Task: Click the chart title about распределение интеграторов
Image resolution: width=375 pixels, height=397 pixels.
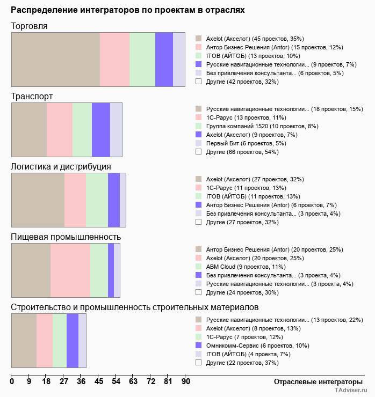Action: [128, 10]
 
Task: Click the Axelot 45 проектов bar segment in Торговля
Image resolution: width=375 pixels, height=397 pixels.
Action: [55, 59]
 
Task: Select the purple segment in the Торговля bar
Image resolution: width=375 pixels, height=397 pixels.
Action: [164, 59]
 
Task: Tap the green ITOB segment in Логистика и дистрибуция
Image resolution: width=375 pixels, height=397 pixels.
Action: [97, 200]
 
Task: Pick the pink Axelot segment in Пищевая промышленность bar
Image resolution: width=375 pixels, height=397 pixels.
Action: [70, 270]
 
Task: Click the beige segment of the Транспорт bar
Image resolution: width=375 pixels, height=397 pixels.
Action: [29, 130]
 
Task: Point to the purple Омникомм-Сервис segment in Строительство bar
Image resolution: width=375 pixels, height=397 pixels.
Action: [73, 341]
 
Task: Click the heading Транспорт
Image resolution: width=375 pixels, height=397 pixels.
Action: [32, 96]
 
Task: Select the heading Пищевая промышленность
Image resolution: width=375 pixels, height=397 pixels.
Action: [66, 237]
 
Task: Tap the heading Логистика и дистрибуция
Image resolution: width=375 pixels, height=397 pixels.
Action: [61, 166]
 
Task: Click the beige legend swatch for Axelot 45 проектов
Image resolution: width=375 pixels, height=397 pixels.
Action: [198, 39]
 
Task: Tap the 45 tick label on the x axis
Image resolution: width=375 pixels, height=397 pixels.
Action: [99, 382]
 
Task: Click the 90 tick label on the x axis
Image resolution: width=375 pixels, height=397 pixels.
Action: [185, 382]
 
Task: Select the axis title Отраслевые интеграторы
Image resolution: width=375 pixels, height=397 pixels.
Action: [315, 381]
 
